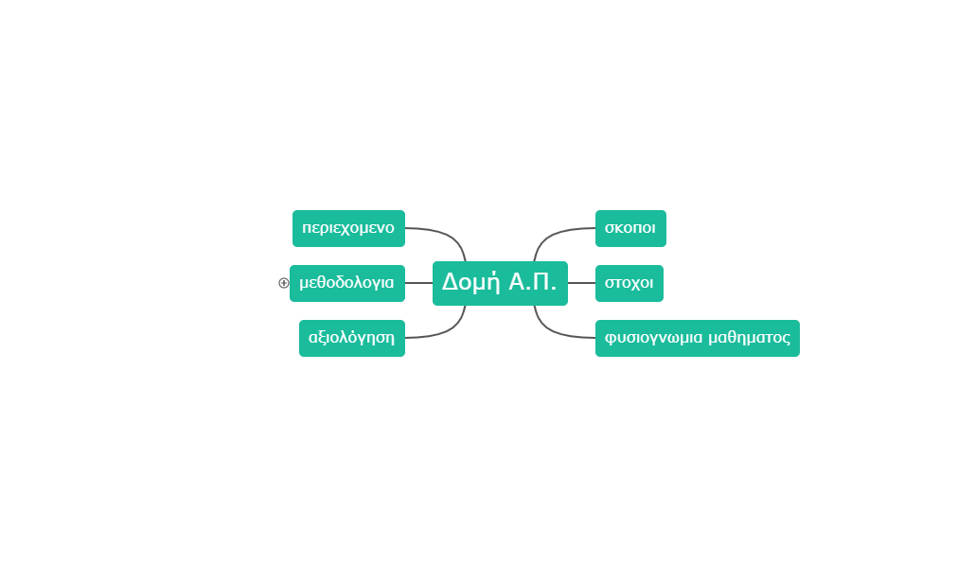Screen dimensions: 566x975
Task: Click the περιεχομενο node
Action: (348, 228)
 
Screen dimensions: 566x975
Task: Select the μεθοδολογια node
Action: (347, 283)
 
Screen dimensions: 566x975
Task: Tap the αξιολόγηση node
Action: (352, 338)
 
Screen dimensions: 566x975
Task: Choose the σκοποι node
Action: (630, 228)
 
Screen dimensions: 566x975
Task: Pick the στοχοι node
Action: (629, 283)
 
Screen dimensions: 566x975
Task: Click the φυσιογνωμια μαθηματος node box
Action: (698, 338)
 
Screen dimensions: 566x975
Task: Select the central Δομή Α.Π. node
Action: (500, 283)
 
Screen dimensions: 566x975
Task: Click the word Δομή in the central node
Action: (471, 283)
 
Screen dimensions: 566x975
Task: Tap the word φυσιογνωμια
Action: (654, 338)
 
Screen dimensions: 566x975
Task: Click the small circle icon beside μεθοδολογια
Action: (283, 283)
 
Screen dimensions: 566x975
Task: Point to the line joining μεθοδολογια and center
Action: (418, 283)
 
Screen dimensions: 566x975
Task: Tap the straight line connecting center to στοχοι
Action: (581, 283)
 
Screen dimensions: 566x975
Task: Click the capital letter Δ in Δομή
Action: (451, 282)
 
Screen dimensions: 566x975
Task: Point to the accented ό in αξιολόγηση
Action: (353, 337)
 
